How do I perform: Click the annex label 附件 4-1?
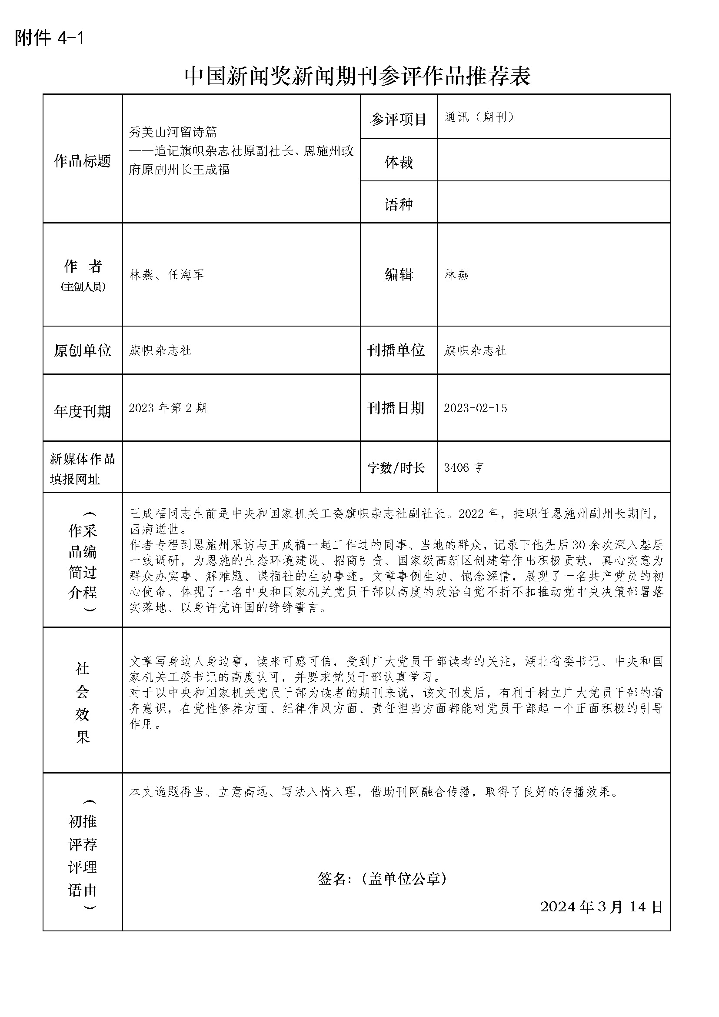click(49, 38)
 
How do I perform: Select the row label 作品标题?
click(82, 161)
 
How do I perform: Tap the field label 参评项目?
click(398, 119)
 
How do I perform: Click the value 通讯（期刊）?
click(479, 117)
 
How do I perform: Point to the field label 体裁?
click(399, 162)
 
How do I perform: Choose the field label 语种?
click(399, 204)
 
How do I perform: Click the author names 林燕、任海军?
click(166, 275)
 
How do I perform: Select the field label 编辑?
click(399, 275)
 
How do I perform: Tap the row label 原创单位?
click(82, 350)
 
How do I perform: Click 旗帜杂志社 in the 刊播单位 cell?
click(475, 350)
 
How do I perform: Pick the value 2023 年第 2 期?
click(168, 408)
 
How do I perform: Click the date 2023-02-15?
click(476, 408)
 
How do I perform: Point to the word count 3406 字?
click(463, 467)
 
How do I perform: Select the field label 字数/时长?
click(396, 467)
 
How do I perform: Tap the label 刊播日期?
click(396, 408)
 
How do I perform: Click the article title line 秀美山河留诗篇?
click(173, 132)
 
